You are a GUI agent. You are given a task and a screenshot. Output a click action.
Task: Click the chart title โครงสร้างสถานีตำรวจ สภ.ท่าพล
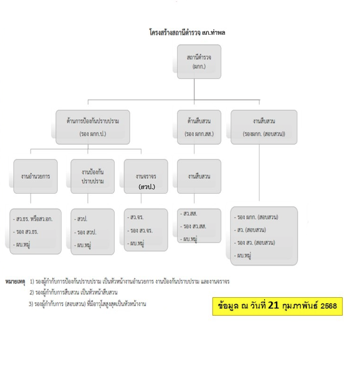(x=187, y=32)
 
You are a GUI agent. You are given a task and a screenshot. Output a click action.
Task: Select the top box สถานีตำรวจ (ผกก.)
(x=199, y=62)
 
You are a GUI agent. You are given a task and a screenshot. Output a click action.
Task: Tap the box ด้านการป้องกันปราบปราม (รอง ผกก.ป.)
(x=93, y=127)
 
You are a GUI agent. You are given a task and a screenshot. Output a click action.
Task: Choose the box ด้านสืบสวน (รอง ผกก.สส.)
(x=199, y=127)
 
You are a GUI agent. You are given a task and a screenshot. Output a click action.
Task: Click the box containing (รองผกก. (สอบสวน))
(x=264, y=127)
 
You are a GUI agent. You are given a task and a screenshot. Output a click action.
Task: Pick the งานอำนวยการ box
(x=35, y=176)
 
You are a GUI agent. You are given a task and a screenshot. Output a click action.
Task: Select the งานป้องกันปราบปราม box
(x=93, y=176)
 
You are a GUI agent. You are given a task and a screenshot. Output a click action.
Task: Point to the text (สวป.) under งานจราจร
(x=147, y=187)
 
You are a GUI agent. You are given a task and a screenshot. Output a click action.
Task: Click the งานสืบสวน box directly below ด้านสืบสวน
(x=199, y=176)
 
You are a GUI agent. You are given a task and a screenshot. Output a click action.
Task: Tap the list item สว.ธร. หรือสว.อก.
(x=33, y=219)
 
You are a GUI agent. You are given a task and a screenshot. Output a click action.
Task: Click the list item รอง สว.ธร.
(x=25, y=231)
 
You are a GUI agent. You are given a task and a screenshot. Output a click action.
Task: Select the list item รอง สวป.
(x=85, y=232)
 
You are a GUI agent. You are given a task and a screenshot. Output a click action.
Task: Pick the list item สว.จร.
(x=135, y=217)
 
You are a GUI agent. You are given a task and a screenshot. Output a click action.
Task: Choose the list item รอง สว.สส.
(x=193, y=226)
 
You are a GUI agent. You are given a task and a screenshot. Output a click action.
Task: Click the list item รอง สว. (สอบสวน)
(x=254, y=243)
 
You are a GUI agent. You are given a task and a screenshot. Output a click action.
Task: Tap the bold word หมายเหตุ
(x=15, y=282)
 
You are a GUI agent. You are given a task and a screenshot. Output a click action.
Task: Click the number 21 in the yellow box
(x=273, y=305)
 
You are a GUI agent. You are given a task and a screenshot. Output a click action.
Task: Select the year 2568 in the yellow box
(x=329, y=306)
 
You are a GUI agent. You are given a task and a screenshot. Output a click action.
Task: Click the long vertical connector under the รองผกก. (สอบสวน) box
(x=259, y=173)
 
